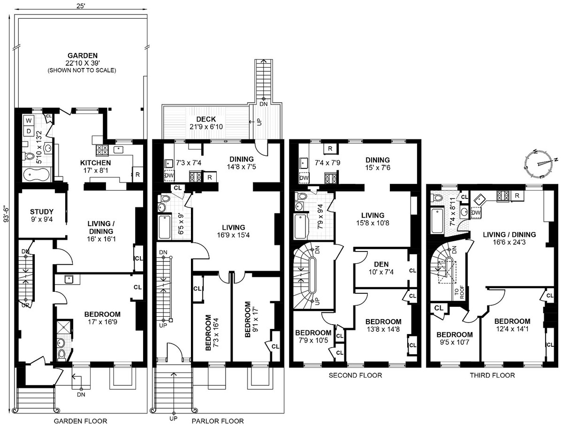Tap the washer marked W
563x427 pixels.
point(29,120)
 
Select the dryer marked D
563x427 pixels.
point(29,131)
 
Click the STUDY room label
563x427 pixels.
point(42,212)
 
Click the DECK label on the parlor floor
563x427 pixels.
point(206,119)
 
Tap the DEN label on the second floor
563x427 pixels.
point(381,264)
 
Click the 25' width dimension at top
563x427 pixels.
point(81,6)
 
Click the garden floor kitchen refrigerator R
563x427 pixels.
point(138,175)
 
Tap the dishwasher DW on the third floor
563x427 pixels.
point(476,213)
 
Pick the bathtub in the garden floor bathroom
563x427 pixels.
point(36,175)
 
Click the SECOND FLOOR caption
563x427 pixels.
point(355,375)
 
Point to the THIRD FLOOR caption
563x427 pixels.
point(492,375)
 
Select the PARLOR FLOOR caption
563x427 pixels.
point(218,421)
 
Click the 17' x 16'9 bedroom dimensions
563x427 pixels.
point(102,321)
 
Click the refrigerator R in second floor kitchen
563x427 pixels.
point(330,148)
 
